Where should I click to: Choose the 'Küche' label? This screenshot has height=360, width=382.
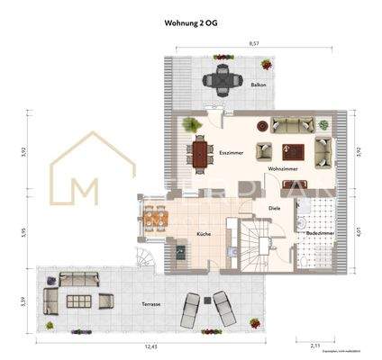pos(204,234)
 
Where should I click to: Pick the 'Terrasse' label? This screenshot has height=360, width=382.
pos(150,304)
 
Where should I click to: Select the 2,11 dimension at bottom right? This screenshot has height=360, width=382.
pos(316,345)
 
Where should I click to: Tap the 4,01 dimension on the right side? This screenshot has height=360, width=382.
pos(359,232)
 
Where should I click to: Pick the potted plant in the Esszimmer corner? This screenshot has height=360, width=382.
pos(190,124)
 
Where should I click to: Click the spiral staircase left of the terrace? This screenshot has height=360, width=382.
pos(147,260)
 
